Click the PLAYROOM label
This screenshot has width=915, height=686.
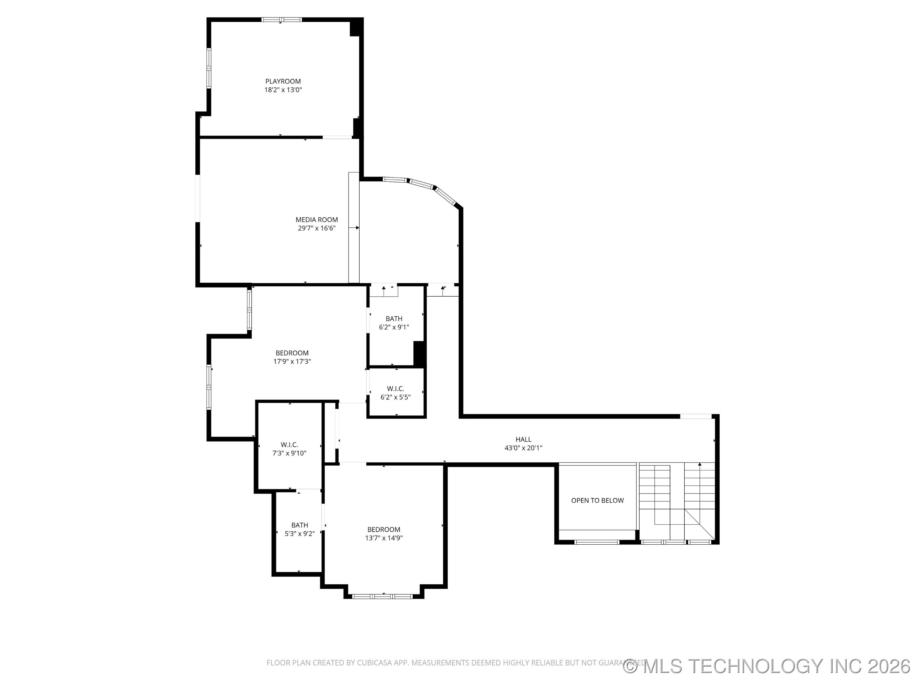[x=283, y=81]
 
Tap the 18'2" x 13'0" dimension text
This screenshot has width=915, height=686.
[x=283, y=90]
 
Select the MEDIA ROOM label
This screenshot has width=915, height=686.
[x=316, y=219]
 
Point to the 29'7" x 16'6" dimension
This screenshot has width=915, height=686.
[x=316, y=228]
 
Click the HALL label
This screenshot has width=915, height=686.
[x=523, y=439]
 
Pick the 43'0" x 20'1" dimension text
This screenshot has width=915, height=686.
[x=523, y=447]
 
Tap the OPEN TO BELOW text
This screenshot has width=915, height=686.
[x=597, y=500]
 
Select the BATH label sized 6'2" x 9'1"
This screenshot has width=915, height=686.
[x=394, y=319]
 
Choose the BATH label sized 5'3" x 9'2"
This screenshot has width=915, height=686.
[x=300, y=525]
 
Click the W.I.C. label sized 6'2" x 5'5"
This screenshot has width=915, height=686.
[x=396, y=389]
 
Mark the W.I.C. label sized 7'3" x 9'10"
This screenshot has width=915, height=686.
[x=289, y=445]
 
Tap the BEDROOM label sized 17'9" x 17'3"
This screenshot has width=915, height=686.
[x=292, y=353]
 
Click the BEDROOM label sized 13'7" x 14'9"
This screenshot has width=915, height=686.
[x=383, y=529]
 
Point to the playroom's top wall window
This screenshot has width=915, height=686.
[x=281, y=19]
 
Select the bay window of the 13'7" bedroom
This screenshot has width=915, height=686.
[x=383, y=596]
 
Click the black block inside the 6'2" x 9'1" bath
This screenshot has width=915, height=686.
[x=419, y=353]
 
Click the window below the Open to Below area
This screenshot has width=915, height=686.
[x=597, y=542]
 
